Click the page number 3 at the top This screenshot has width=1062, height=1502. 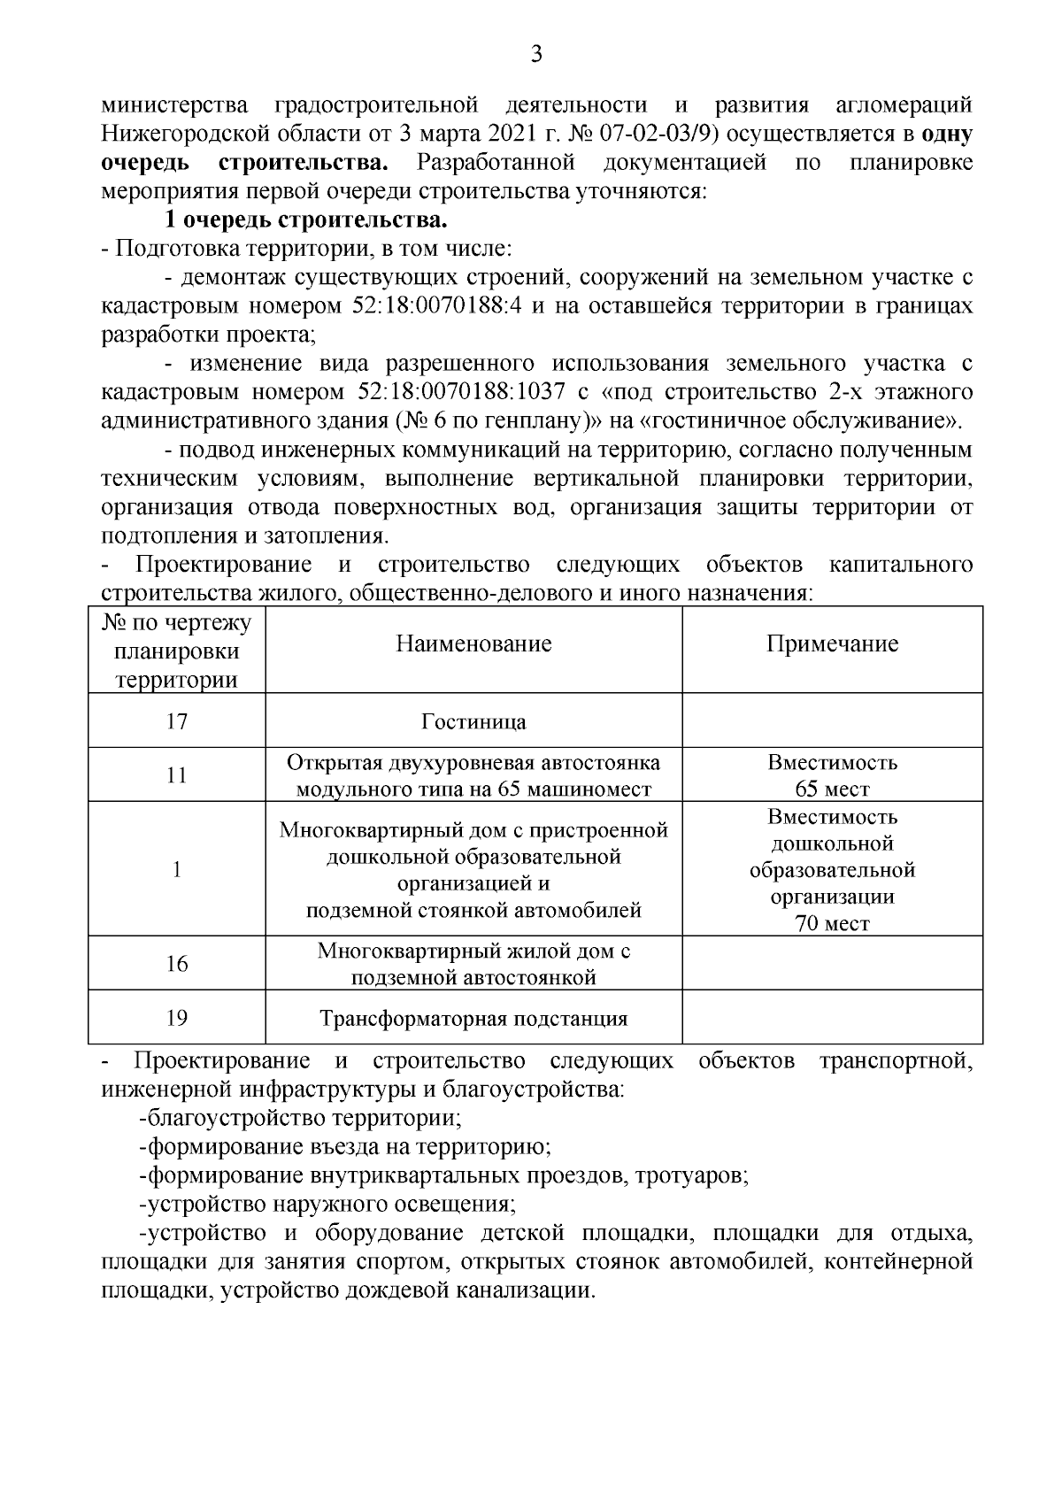pyautogui.click(x=535, y=55)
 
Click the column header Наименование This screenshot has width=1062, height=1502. pyautogui.click(x=473, y=643)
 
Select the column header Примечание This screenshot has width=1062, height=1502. pyautogui.click(x=832, y=643)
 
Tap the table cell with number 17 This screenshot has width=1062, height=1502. pyautogui.click(x=177, y=720)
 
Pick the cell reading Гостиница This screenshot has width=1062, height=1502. pyautogui.click(x=473, y=721)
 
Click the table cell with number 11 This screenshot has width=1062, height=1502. pyautogui.click(x=177, y=775)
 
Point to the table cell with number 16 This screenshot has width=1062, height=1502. pyautogui.click(x=177, y=963)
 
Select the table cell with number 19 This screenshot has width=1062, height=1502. pyautogui.click(x=177, y=1018)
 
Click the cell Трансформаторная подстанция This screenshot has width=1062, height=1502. pyautogui.click(x=473, y=1019)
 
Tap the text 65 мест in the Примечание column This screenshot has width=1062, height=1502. pyautogui.click(x=832, y=789)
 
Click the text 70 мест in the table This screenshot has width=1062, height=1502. pyautogui.click(x=832, y=924)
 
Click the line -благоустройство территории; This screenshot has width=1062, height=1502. pyautogui.click(x=300, y=1117)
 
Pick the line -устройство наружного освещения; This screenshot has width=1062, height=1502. pyautogui.click(x=327, y=1204)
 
